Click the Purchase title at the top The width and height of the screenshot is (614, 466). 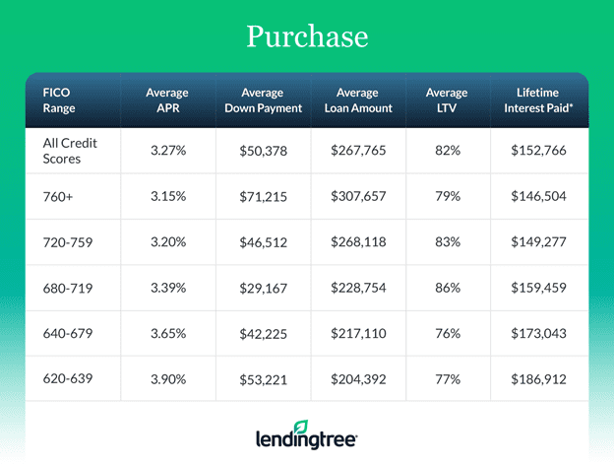coord(306,36)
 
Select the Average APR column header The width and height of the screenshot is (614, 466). coord(167,100)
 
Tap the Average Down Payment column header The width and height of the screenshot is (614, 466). coord(262,100)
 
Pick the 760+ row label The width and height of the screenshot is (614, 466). coord(58,197)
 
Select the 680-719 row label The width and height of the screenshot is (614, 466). coord(66,288)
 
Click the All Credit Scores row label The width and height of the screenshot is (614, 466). coord(70,151)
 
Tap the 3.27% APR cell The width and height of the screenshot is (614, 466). coord(167,152)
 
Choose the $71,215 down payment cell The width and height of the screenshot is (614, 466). coord(262,197)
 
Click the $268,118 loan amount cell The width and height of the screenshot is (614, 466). coord(364,242)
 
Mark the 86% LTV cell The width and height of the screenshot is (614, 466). coord(448,288)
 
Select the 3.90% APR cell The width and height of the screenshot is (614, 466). coord(167,378)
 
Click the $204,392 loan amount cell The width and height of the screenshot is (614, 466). coord(364,378)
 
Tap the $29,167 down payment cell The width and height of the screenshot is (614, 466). coord(262,288)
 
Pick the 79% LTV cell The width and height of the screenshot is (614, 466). coord(448,197)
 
